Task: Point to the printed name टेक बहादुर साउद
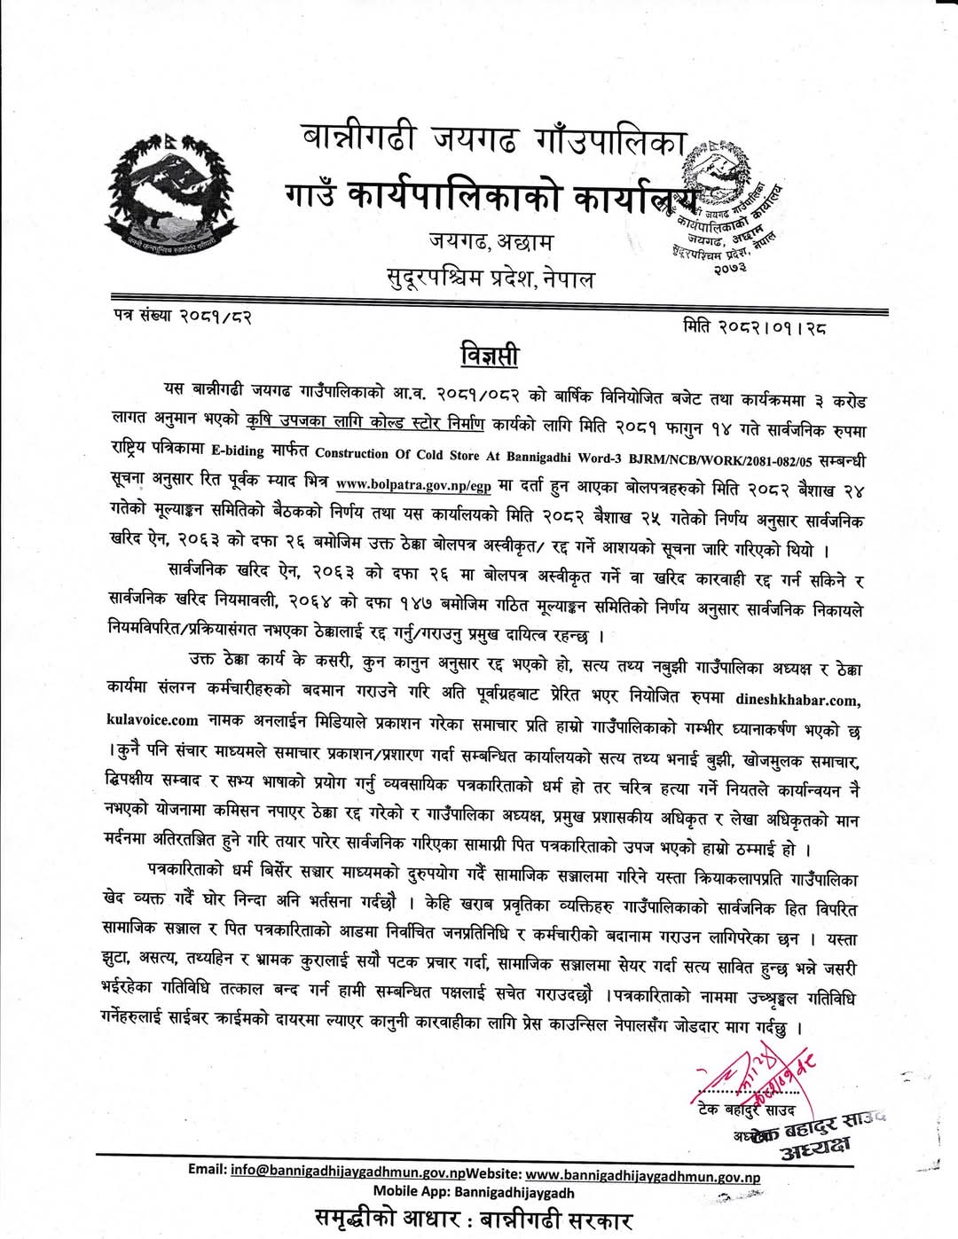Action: (x=746, y=1110)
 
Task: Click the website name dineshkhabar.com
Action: (x=797, y=700)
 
